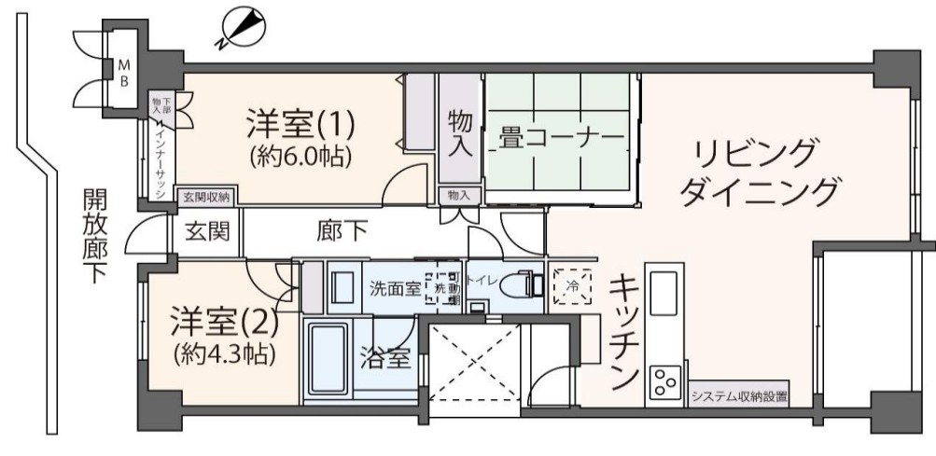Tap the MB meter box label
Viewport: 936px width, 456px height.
pos(122,73)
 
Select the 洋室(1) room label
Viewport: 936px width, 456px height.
pos(300,122)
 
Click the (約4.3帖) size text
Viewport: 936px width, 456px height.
pos(224,354)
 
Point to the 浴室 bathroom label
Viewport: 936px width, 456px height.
pos(384,357)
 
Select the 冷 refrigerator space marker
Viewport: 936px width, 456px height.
pos(570,287)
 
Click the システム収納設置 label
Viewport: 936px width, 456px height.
pos(739,397)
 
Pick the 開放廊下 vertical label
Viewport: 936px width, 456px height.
pos(94,237)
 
